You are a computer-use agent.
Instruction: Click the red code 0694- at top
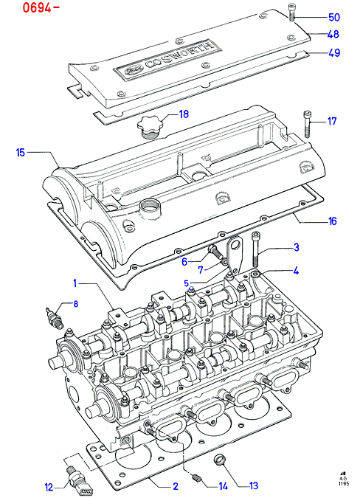pyautogui.click(x=41, y=7)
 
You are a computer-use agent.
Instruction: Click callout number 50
pyautogui.click(x=333, y=17)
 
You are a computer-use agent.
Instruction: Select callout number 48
pyautogui.click(x=333, y=34)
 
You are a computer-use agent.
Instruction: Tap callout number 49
pyautogui.click(x=334, y=52)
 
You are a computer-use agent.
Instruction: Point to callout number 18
pyautogui.click(x=184, y=114)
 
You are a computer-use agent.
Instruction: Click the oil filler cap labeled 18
pyautogui.click(x=150, y=127)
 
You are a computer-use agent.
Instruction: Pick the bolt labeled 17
pyautogui.click(x=308, y=124)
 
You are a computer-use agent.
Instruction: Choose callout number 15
pyautogui.click(x=21, y=153)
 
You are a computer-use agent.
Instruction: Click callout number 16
pyautogui.click(x=332, y=221)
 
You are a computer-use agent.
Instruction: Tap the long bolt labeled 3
pyautogui.click(x=255, y=249)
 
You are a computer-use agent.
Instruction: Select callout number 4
pyautogui.click(x=296, y=271)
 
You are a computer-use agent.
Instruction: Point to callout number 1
pyautogui.click(x=75, y=283)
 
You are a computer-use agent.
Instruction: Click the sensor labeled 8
pyautogui.click(x=55, y=317)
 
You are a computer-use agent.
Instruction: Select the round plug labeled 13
pyautogui.click(x=219, y=459)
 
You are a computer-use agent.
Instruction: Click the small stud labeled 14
pyautogui.click(x=196, y=477)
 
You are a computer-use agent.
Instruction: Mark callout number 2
pyautogui.click(x=176, y=486)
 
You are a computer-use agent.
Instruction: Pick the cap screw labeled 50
pyautogui.click(x=291, y=13)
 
